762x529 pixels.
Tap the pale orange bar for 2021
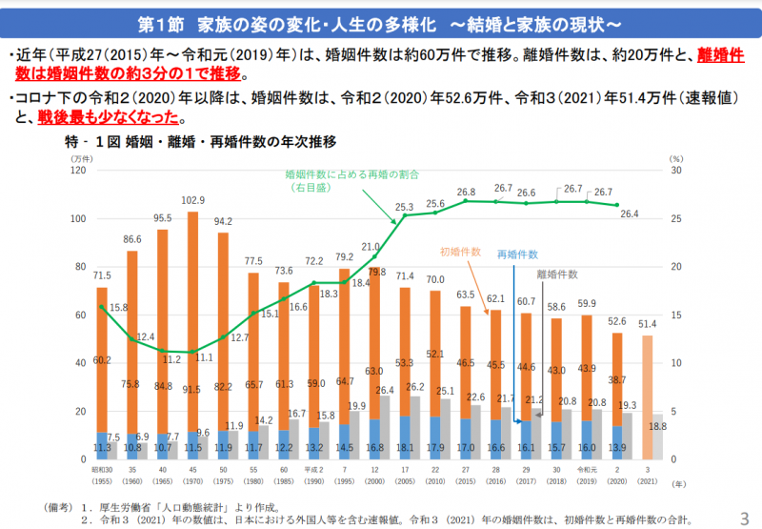[647, 391]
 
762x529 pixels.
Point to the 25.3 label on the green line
[404, 207]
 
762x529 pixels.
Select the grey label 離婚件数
[557, 274]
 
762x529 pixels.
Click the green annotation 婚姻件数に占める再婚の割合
[352, 175]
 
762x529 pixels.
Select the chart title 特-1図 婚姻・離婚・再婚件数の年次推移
[208, 142]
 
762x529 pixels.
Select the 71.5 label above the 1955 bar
[101, 275]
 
